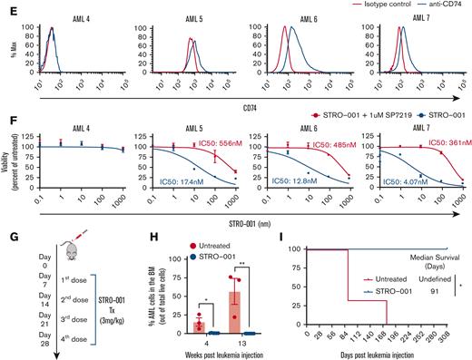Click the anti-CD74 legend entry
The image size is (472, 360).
click(x=439, y=5)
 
